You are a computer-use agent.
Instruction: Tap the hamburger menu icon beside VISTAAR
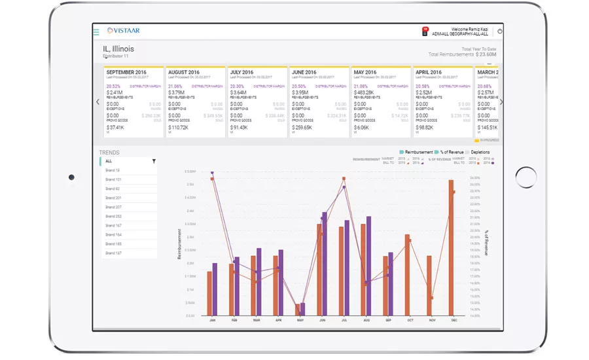click(96, 31)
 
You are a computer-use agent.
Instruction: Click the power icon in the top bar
click(500, 31)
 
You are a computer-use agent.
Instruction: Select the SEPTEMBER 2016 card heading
click(126, 72)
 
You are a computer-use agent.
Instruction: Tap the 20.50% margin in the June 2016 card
click(298, 86)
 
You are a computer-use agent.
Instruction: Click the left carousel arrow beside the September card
click(98, 101)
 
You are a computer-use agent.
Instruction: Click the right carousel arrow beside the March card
click(501, 101)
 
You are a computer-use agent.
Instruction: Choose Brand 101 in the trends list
click(113, 179)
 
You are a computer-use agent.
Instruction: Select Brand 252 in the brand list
click(113, 216)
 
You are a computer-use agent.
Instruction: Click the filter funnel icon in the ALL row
click(154, 161)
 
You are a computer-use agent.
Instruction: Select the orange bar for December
click(451, 249)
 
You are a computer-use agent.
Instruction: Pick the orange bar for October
click(407, 276)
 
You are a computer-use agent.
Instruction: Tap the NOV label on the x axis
click(431, 320)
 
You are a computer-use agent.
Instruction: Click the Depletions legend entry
click(480, 152)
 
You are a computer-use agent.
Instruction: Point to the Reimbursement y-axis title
click(179, 244)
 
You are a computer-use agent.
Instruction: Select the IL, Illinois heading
click(118, 49)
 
